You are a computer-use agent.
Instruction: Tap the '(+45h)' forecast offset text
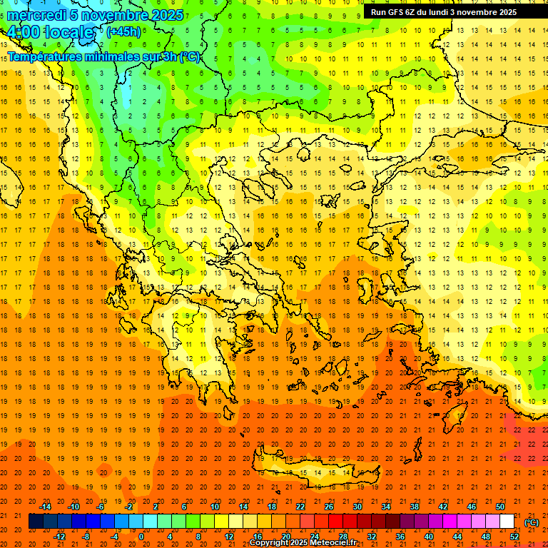pos(123,31)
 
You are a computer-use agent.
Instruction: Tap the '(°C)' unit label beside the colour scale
pos(532,522)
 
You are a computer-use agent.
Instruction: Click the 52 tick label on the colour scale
pos(514,537)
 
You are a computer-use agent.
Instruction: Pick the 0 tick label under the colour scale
pos(141,537)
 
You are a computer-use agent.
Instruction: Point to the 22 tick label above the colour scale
pos(300,507)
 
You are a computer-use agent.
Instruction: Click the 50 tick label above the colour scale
pos(499,507)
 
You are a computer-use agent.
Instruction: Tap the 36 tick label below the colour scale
pos(400,537)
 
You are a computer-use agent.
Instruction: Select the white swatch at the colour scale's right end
pos(507,522)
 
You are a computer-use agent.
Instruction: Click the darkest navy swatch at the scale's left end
pos(36,522)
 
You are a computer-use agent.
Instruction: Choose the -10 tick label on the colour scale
pos(73,507)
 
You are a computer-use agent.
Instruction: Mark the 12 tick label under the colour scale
pos(228,537)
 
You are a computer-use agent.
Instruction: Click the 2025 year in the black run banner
pos(507,12)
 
